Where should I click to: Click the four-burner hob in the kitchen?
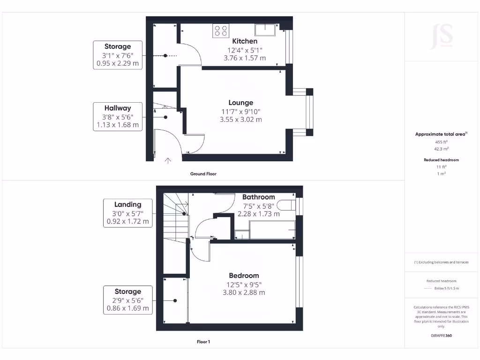pyautogui.click(x=219, y=31)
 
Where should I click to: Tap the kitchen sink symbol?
pyautogui.click(x=266, y=30)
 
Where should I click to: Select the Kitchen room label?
pyautogui.click(x=245, y=41)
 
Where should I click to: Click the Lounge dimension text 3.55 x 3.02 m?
pyautogui.click(x=241, y=120)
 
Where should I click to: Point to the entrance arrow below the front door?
pyautogui.click(x=168, y=161)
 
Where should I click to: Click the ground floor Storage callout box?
pyautogui.click(x=118, y=55)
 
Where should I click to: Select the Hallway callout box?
pyautogui.click(x=118, y=116)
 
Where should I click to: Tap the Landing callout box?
pyautogui.click(x=127, y=213)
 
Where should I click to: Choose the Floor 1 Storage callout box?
pyautogui.click(x=127, y=300)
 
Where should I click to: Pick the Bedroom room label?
pyautogui.click(x=244, y=276)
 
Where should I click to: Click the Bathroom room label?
pyautogui.click(x=259, y=197)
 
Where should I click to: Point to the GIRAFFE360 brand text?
pyautogui.click(x=441, y=336)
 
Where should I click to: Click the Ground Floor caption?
pyautogui.click(x=203, y=174)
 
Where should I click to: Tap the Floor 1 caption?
pyautogui.click(x=203, y=342)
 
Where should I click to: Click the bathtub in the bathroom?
pyautogui.click(x=272, y=230)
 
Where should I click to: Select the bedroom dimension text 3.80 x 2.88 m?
pyautogui.click(x=244, y=292)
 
